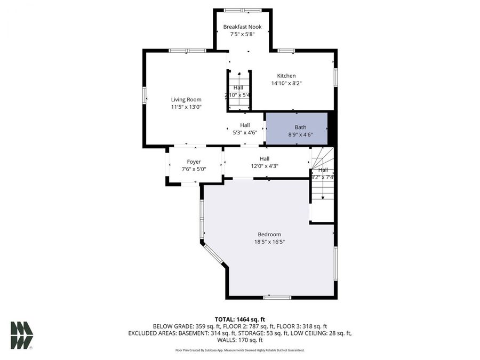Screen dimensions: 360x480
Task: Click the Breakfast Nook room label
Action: pos(243,27)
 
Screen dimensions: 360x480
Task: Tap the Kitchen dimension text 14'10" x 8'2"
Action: pos(286,83)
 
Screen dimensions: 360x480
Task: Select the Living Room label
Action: pos(186,99)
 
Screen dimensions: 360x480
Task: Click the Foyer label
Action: pos(194,162)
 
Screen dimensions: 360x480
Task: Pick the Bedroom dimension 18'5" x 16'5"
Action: pos(269,242)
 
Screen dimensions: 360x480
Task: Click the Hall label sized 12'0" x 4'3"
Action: pos(265,158)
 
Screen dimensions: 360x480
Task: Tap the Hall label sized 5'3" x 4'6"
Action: pos(245,125)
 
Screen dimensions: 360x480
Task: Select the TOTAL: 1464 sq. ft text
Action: pos(239,319)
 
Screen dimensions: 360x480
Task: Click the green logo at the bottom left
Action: pos(21,335)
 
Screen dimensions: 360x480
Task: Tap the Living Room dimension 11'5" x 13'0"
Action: pos(186,107)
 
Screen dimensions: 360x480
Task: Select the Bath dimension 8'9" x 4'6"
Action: pos(301,135)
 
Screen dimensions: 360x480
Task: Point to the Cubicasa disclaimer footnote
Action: pos(239,350)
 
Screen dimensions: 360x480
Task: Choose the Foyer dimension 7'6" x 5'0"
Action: pos(194,169)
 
